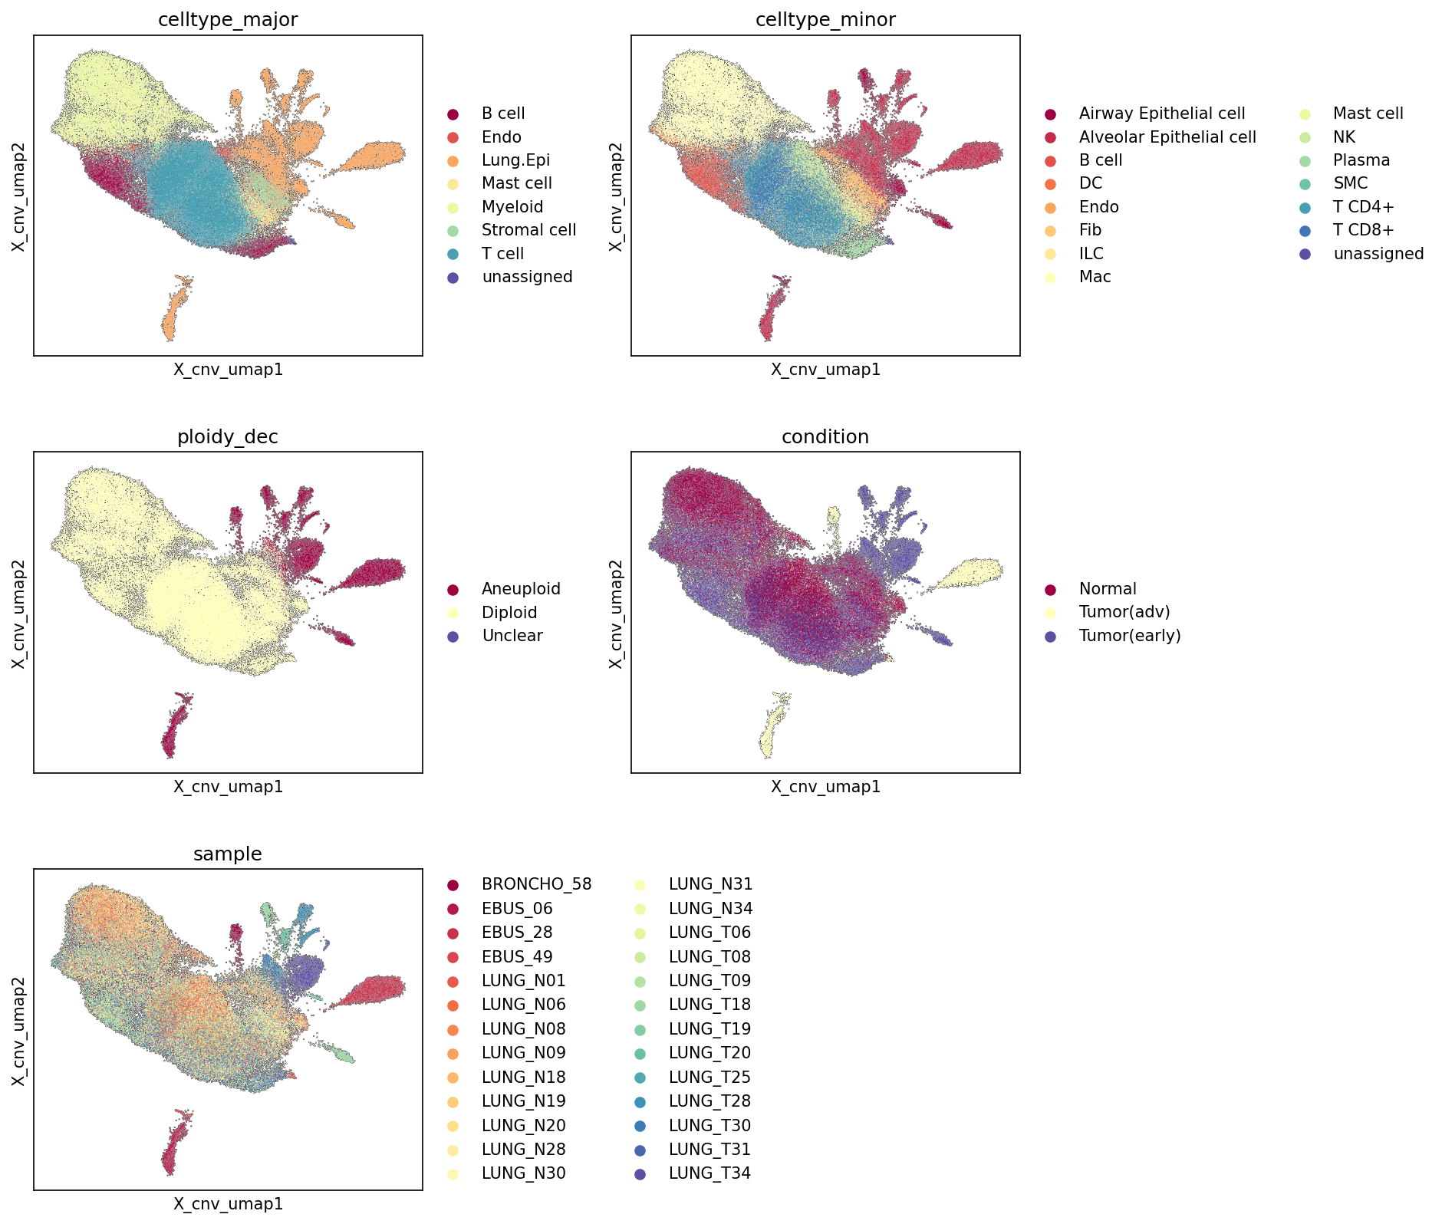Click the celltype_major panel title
[228, 20]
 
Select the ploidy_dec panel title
[228, 437]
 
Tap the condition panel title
[825, 437]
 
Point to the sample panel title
[228, 854]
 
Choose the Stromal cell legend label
[528, 230]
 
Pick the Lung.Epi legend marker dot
[453, 161]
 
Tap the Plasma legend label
[1361, 160]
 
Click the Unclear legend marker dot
[453, 637]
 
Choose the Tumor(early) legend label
[1130, 636]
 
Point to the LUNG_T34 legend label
[709, 1173]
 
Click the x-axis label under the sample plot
[228, 1204]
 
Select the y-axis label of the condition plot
[616, 613]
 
